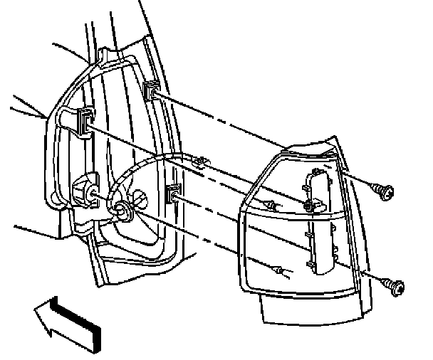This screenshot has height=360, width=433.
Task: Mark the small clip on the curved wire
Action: pos(199,162)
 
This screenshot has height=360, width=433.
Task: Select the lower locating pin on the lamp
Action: pos(280,271)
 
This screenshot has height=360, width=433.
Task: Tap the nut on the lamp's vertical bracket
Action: pos(308,206)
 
